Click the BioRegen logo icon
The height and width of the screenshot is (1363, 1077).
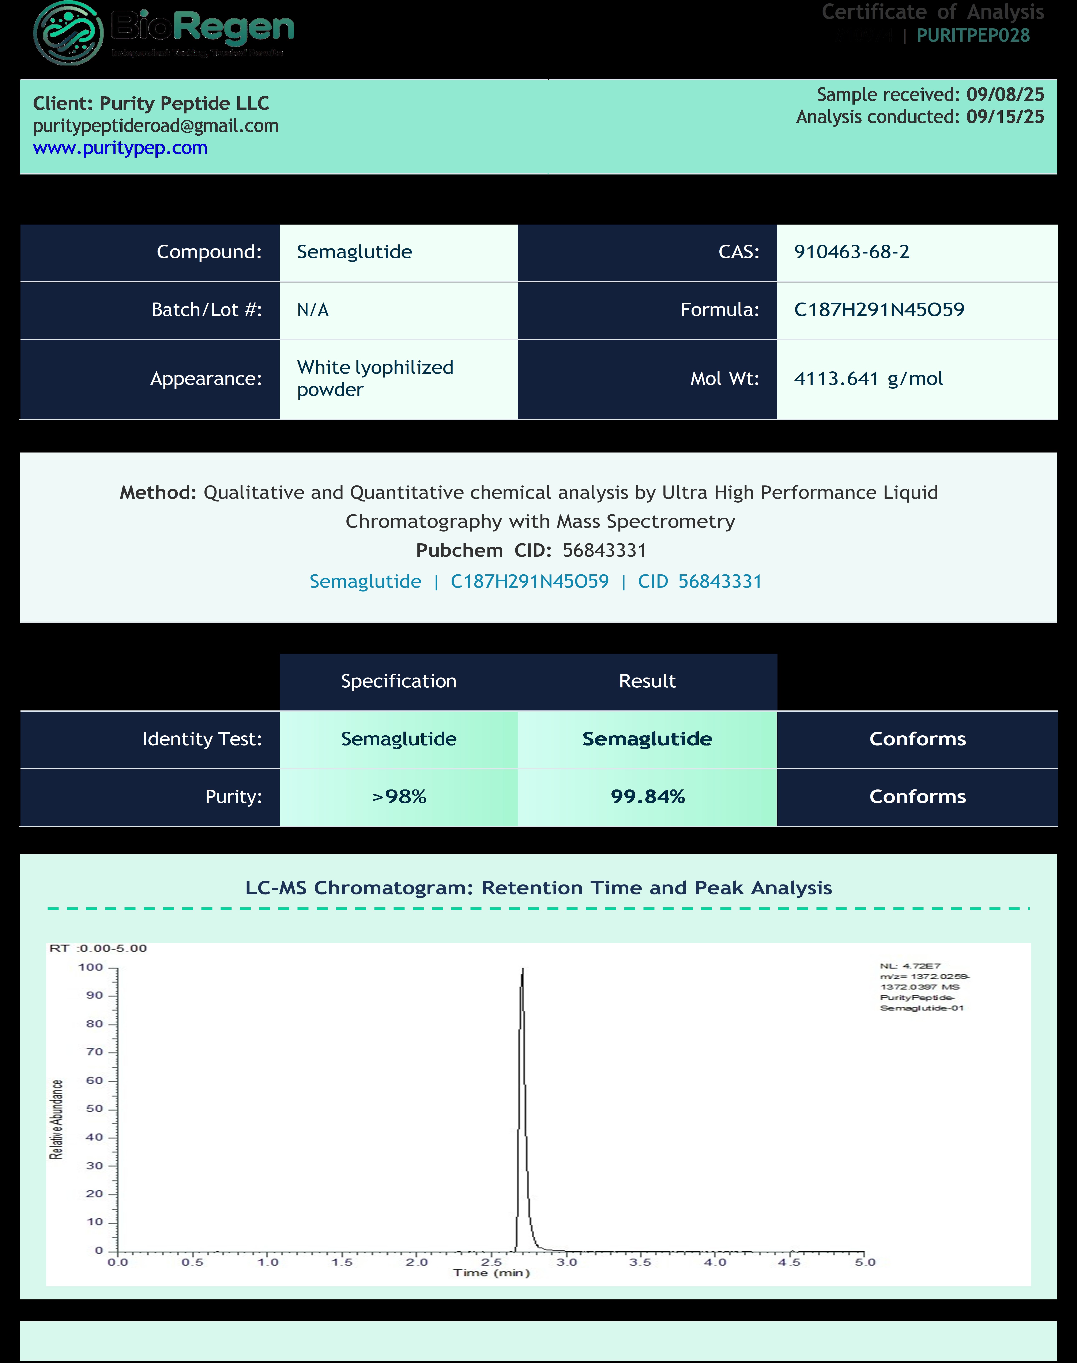point(68,33)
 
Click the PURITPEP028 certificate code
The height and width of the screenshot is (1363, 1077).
point(973,35)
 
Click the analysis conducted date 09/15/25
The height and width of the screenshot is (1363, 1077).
point(1005,117)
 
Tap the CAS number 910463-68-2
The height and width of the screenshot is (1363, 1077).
point(851,252)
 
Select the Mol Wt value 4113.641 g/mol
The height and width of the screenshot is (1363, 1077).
point(868,378)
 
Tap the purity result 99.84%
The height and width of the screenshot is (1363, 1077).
point(648,797)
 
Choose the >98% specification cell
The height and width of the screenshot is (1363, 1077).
point(399,797)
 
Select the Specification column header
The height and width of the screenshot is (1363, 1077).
point(399,681)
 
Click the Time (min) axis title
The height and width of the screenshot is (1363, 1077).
point(491,1273)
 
